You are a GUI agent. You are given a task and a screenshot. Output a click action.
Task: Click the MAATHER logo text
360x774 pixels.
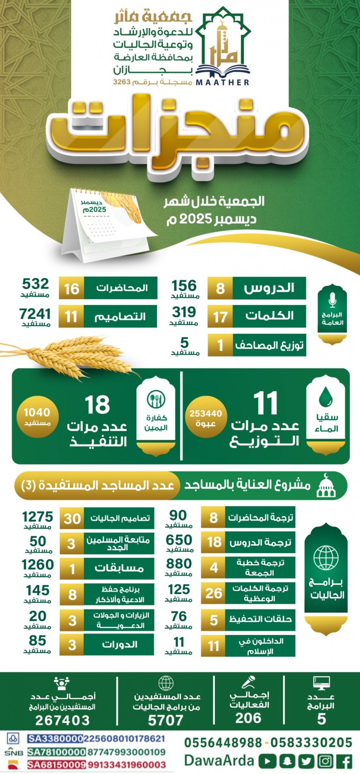(x=222, y=82)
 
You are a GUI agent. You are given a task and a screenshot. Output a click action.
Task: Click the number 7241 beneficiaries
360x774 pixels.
(x=35, y=314)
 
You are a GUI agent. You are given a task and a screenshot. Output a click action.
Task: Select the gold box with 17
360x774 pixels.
(x=220, y=317)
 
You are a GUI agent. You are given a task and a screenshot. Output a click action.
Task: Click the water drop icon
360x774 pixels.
(x=325, y=397)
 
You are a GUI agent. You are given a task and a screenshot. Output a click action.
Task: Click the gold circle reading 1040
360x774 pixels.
(x=37, y=416)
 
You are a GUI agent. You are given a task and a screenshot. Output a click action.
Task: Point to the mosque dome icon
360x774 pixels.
(x=326, y=486)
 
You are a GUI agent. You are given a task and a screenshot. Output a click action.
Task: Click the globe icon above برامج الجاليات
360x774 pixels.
(x=326, y=558)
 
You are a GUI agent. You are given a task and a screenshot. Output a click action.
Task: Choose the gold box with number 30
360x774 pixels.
(x=72, y=519)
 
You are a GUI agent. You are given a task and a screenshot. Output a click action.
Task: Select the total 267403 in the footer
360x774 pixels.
(x=62, y=720)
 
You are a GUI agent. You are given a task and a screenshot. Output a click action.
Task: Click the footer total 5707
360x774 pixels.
(x=166, y=720)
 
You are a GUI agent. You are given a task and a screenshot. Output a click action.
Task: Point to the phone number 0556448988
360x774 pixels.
(x=223, y=743)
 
